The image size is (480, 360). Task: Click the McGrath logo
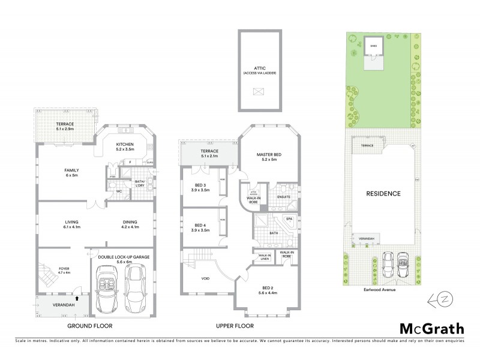pos(431,328)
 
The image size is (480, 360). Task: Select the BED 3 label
pos(200,187)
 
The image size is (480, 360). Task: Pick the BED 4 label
pos(200,226)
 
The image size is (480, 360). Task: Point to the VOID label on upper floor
pos(205,278)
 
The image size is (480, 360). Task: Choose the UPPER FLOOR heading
pos(235,326)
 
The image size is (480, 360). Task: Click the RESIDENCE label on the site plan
pos(383,194)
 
